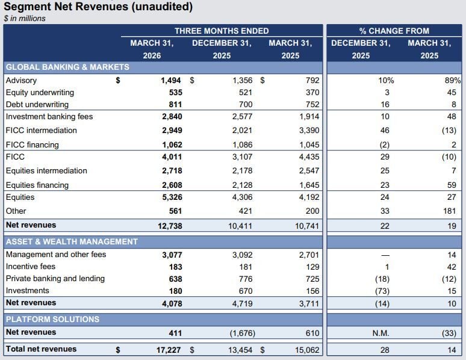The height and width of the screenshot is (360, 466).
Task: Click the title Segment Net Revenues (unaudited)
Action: (98, 7)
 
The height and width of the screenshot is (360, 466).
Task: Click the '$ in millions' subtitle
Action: (25, 19)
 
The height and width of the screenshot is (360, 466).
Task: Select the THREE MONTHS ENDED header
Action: (222, 31)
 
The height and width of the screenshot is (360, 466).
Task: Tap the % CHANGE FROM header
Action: (394, 31)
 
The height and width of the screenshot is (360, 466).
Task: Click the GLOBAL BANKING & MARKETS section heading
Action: (67, 67)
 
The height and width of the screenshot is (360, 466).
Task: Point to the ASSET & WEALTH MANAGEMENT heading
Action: (72, 241)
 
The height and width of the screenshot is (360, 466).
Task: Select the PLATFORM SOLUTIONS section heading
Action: (52, 319)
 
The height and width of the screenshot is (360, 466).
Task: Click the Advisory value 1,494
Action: (171, 80)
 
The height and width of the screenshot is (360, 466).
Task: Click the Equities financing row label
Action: (37, 185)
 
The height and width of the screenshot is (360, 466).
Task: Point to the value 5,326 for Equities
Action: (171, 197)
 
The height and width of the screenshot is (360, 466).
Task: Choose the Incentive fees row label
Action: (30, 266)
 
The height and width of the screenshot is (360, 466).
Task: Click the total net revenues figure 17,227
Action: (168, 349)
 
